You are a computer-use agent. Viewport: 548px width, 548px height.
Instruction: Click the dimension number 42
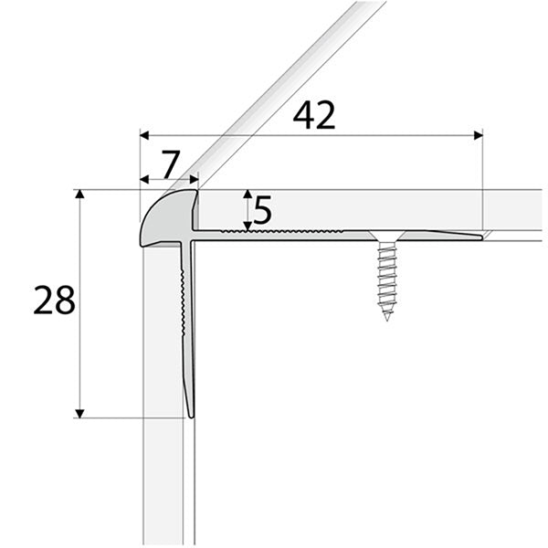point(314,115)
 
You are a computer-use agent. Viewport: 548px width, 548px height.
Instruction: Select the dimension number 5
point(263,211)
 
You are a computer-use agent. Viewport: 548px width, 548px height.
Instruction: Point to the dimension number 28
point(54,300)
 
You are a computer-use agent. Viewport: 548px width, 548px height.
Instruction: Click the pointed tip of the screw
point(387,318)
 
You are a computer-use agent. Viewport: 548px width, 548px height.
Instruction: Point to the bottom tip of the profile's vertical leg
point(190,416)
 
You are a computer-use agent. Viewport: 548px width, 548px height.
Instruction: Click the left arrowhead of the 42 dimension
point(144,135)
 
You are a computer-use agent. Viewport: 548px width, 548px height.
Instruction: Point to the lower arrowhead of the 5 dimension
point(248,226)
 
